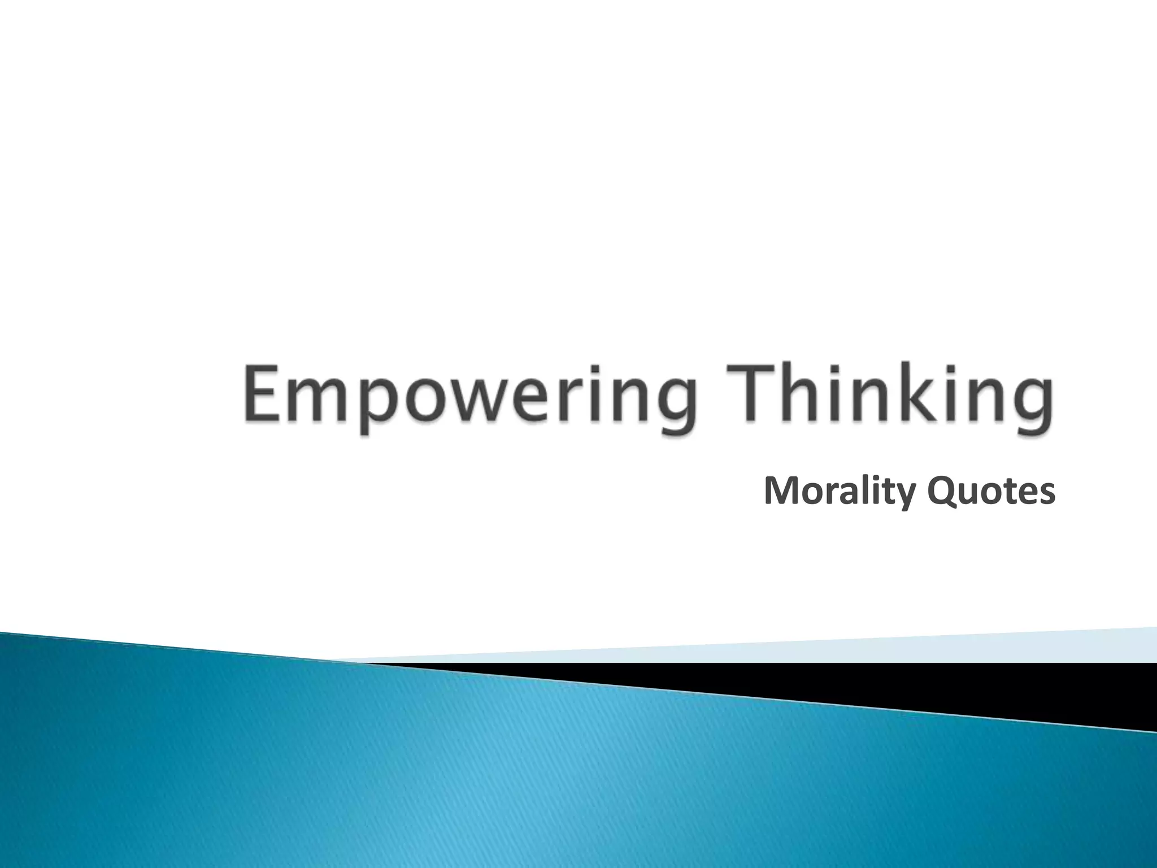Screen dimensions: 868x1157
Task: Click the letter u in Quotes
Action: coord(967,494)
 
